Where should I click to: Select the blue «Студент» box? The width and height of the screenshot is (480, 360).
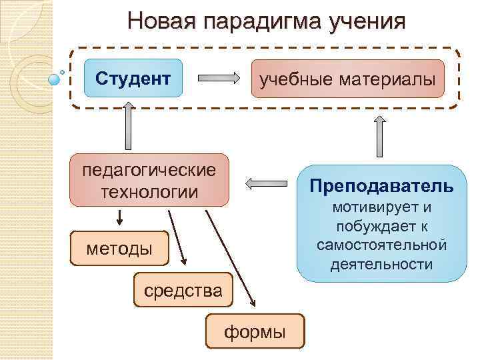pyautogui.click(x=133, y=79)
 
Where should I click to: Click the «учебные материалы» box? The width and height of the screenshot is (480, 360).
pyautogui.click(x=347, y=79)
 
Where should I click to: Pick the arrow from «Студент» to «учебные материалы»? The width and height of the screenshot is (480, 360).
pyautogui.click(x=220, y=78)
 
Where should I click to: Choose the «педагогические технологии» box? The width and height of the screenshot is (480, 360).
pyautogui.click(x=149, y=180)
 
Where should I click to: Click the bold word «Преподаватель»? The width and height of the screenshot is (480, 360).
pyautogui.click(x=381, y=185)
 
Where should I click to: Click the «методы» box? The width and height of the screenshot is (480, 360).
pyautogui.click(x=119, y=249)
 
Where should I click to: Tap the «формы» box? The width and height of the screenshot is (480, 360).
pyautogui.click(x=255, y=331)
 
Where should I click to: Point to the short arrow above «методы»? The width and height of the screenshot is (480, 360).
pyautogui.click(x=121, y=217)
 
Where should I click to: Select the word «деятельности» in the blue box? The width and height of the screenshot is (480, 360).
pyautogui.click(x=381, y=264)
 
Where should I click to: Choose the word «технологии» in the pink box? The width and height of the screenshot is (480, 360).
pyautogui.click(x=149, y=192)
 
